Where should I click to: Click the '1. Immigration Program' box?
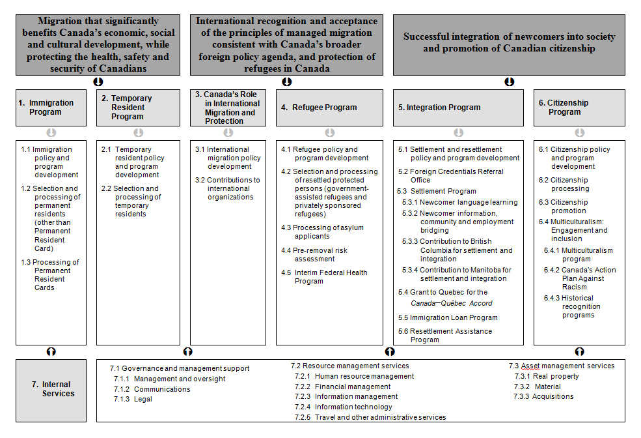pyautogui.click(x=51, y=108)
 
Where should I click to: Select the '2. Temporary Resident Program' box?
pyautogui.click(x=138, y=108)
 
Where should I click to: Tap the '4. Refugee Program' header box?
pyautogui.click(x=329, y=108)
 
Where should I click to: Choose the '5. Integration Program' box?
pyautogui.click(x=458, y=108)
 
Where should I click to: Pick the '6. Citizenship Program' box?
pyautogui.click(x=579, y=108)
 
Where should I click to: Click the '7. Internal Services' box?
pyautogui.click(x=51, y=390)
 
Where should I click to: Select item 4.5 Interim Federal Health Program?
pyautogui.click(x=324, y=277)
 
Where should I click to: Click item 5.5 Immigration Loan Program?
pyautogui.click(x=448, y=317)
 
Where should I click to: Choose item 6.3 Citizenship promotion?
pyautogui.click(x=563, y=207)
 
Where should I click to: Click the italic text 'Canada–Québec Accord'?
pyautogui.click(x=452, y=303)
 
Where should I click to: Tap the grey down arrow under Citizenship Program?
pyautogui.click(x=579, y=133)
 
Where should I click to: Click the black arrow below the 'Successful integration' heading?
pyautogui.click(x=510, y=82)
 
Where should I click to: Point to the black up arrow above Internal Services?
pyautogui.click(x=51, y=351)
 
